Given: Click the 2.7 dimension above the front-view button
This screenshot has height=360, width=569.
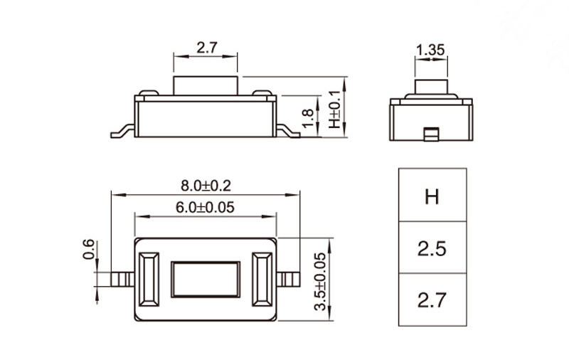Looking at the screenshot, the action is [x=207, y=48].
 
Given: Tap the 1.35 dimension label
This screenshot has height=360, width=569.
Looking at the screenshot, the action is [x=430, y=50].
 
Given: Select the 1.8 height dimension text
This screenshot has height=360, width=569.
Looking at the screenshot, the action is [x=308, y=117].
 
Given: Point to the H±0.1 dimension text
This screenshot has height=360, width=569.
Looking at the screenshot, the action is [x=334, y=110].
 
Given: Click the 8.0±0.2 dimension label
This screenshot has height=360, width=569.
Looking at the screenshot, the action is [x=206, y=186].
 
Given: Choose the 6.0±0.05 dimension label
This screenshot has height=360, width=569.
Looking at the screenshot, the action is [x=205, y=208].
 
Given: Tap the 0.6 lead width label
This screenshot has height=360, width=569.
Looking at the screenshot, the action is [x=88, y=249].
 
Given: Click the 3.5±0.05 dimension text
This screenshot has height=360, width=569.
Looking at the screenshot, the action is [x=320, y=282].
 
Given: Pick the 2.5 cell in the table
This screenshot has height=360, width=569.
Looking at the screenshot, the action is [x=432, y=248].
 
